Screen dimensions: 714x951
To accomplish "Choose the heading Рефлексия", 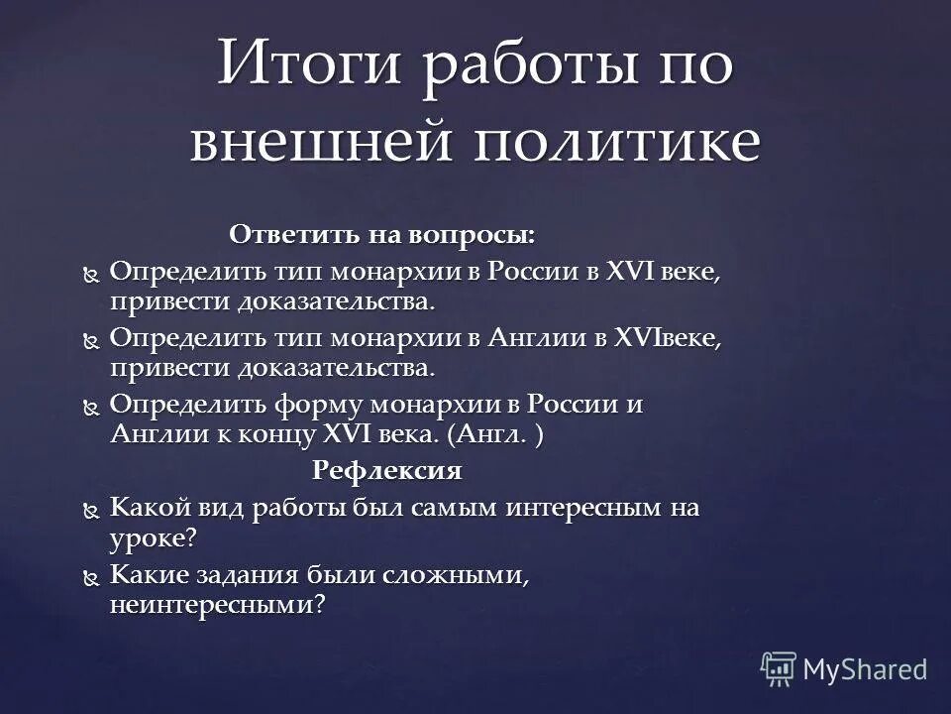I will pos(387,470).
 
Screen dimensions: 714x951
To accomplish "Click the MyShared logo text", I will pos(865,669).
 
